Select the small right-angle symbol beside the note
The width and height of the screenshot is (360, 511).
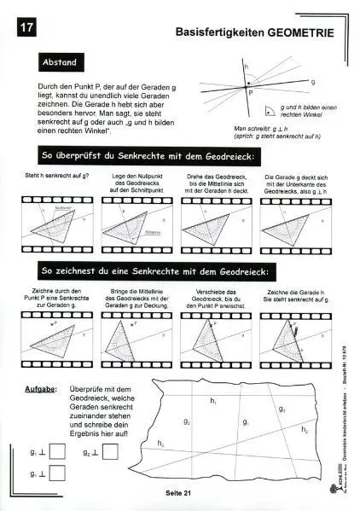[x=269, y=110]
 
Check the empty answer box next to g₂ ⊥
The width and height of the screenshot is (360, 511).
[x=110, y=453]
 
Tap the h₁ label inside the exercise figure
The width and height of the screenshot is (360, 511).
[x=213, y=400]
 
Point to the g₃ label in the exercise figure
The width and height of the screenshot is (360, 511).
[x=282, y=409]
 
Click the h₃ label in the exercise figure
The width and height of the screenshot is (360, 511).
[x=160, y=443]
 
